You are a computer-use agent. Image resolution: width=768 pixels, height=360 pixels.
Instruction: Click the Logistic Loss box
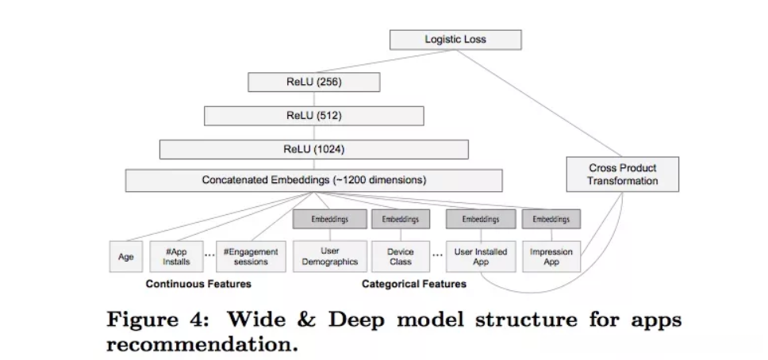point(455,40)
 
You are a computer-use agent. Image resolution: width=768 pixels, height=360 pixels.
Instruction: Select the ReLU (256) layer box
point(314,82)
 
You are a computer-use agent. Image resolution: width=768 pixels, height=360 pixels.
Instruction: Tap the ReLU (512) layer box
point(314,116)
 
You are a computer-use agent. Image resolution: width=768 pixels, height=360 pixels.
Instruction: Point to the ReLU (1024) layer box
point(314,149)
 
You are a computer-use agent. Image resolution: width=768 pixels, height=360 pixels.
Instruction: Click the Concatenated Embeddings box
point(314,180)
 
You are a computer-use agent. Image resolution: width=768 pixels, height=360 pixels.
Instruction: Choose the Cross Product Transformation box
point(623,174)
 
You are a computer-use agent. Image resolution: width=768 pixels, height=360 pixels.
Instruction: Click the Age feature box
point(126,257)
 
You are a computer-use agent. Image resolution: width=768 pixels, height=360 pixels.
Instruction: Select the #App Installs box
point(176,257)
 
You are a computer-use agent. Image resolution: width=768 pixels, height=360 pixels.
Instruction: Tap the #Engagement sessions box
point(251,257)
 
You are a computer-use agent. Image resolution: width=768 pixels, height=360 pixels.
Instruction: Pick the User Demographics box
point(330,256)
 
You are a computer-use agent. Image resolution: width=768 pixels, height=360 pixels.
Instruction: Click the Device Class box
point(401,257)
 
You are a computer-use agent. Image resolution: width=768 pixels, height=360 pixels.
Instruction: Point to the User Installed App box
point(481,257)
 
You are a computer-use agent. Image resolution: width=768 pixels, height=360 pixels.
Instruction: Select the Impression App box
point(551,257)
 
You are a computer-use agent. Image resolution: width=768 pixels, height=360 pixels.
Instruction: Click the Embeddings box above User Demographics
point(330,219)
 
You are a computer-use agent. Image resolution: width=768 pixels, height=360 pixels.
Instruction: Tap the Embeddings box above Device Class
point(401,219)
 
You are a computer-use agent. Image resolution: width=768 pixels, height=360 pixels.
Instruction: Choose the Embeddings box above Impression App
point(551,219)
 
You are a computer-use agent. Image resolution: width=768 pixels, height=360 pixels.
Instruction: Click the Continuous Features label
point(198,284)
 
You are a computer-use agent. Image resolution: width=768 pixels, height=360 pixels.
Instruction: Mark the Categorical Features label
point(414,284)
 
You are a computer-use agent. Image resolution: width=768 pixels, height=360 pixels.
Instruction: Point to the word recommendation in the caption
point(202,344)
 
